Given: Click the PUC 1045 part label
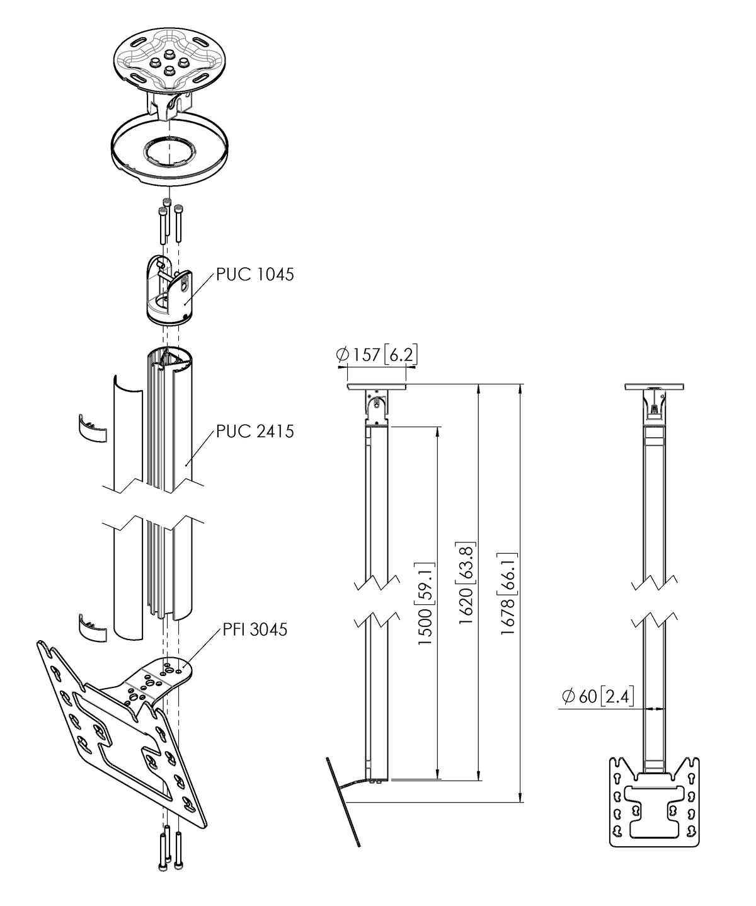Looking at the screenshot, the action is tap(255, 275).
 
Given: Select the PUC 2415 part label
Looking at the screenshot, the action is tap(255, 432).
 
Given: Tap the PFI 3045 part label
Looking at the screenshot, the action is tap(255, 629).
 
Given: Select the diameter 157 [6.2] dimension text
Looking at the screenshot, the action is tap(377, 355).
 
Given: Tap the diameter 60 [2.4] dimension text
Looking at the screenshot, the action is tap(598, 696).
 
